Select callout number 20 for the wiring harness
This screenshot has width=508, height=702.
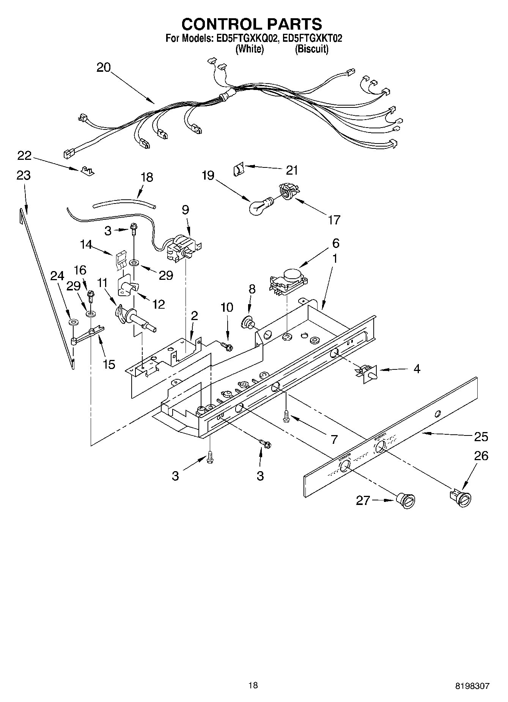tap(103, 68)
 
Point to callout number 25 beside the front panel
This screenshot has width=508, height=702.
tap(481, 437)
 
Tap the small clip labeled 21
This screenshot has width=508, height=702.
tap(237, 168)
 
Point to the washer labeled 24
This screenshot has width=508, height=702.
tap(73, 322)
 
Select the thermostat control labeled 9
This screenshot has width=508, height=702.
tap(183, 249)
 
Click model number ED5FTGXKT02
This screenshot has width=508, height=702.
tap(312, 38)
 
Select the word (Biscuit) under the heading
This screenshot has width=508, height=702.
tap(312, 49)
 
